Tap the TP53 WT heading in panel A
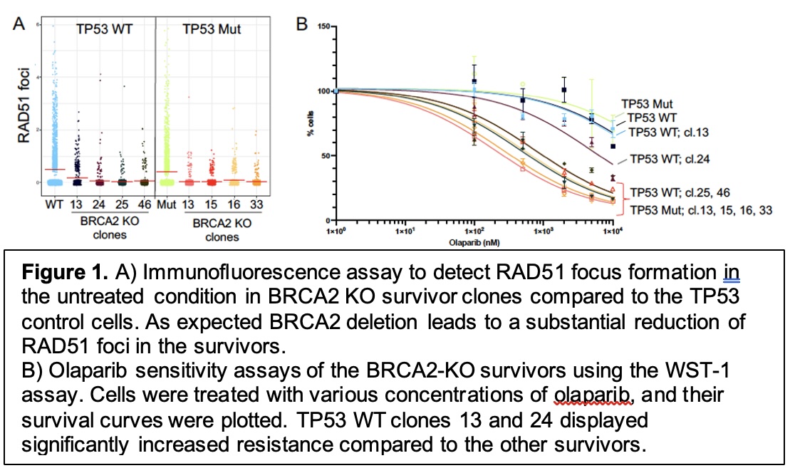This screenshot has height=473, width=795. tap(107, 29)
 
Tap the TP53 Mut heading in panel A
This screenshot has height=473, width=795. tap(212, 29)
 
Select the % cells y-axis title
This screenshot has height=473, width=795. tap(311, 124)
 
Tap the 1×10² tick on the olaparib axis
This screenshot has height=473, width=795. tap(474, 232)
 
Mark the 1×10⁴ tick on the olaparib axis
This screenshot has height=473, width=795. tap(613, 232)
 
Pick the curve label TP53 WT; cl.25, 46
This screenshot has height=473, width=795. tap(675, 191)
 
